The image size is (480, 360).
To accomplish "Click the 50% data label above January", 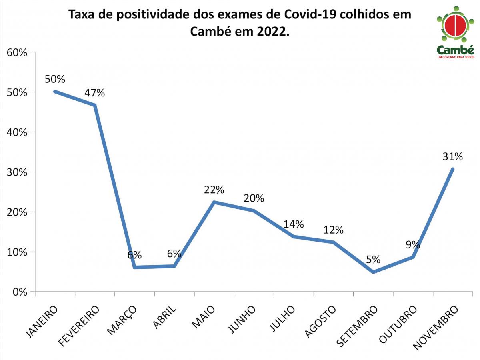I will point(55,79).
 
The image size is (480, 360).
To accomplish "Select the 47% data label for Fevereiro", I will point(95,93).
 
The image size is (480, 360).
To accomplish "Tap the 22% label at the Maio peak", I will point(214,190).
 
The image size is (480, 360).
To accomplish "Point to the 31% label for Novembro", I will point(452,157).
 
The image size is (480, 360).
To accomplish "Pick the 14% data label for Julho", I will point(294,224).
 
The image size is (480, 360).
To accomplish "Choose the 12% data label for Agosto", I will point(333,230).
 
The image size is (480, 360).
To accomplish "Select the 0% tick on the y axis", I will point(19,292).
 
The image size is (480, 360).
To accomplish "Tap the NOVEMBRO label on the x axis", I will point(436,328).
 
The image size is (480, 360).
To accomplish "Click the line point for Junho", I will point(254,210).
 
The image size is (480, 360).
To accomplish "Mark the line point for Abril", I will point(174,266).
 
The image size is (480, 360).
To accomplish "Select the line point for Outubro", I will point(413,257).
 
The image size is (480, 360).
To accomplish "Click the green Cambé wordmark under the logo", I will point(455,50).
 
